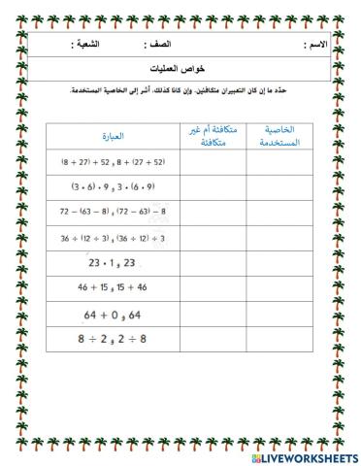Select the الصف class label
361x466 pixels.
(x=159, y=45)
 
